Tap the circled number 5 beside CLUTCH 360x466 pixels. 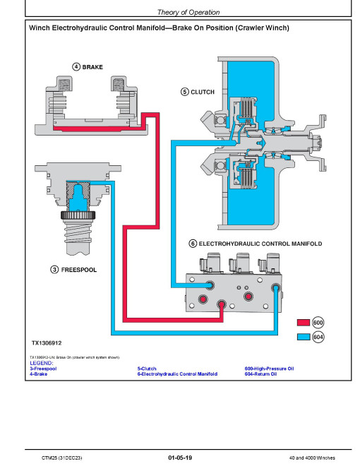185,91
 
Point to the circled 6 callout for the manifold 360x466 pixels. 192,244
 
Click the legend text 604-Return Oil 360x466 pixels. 260,374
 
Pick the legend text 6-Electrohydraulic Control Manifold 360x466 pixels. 177,374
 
